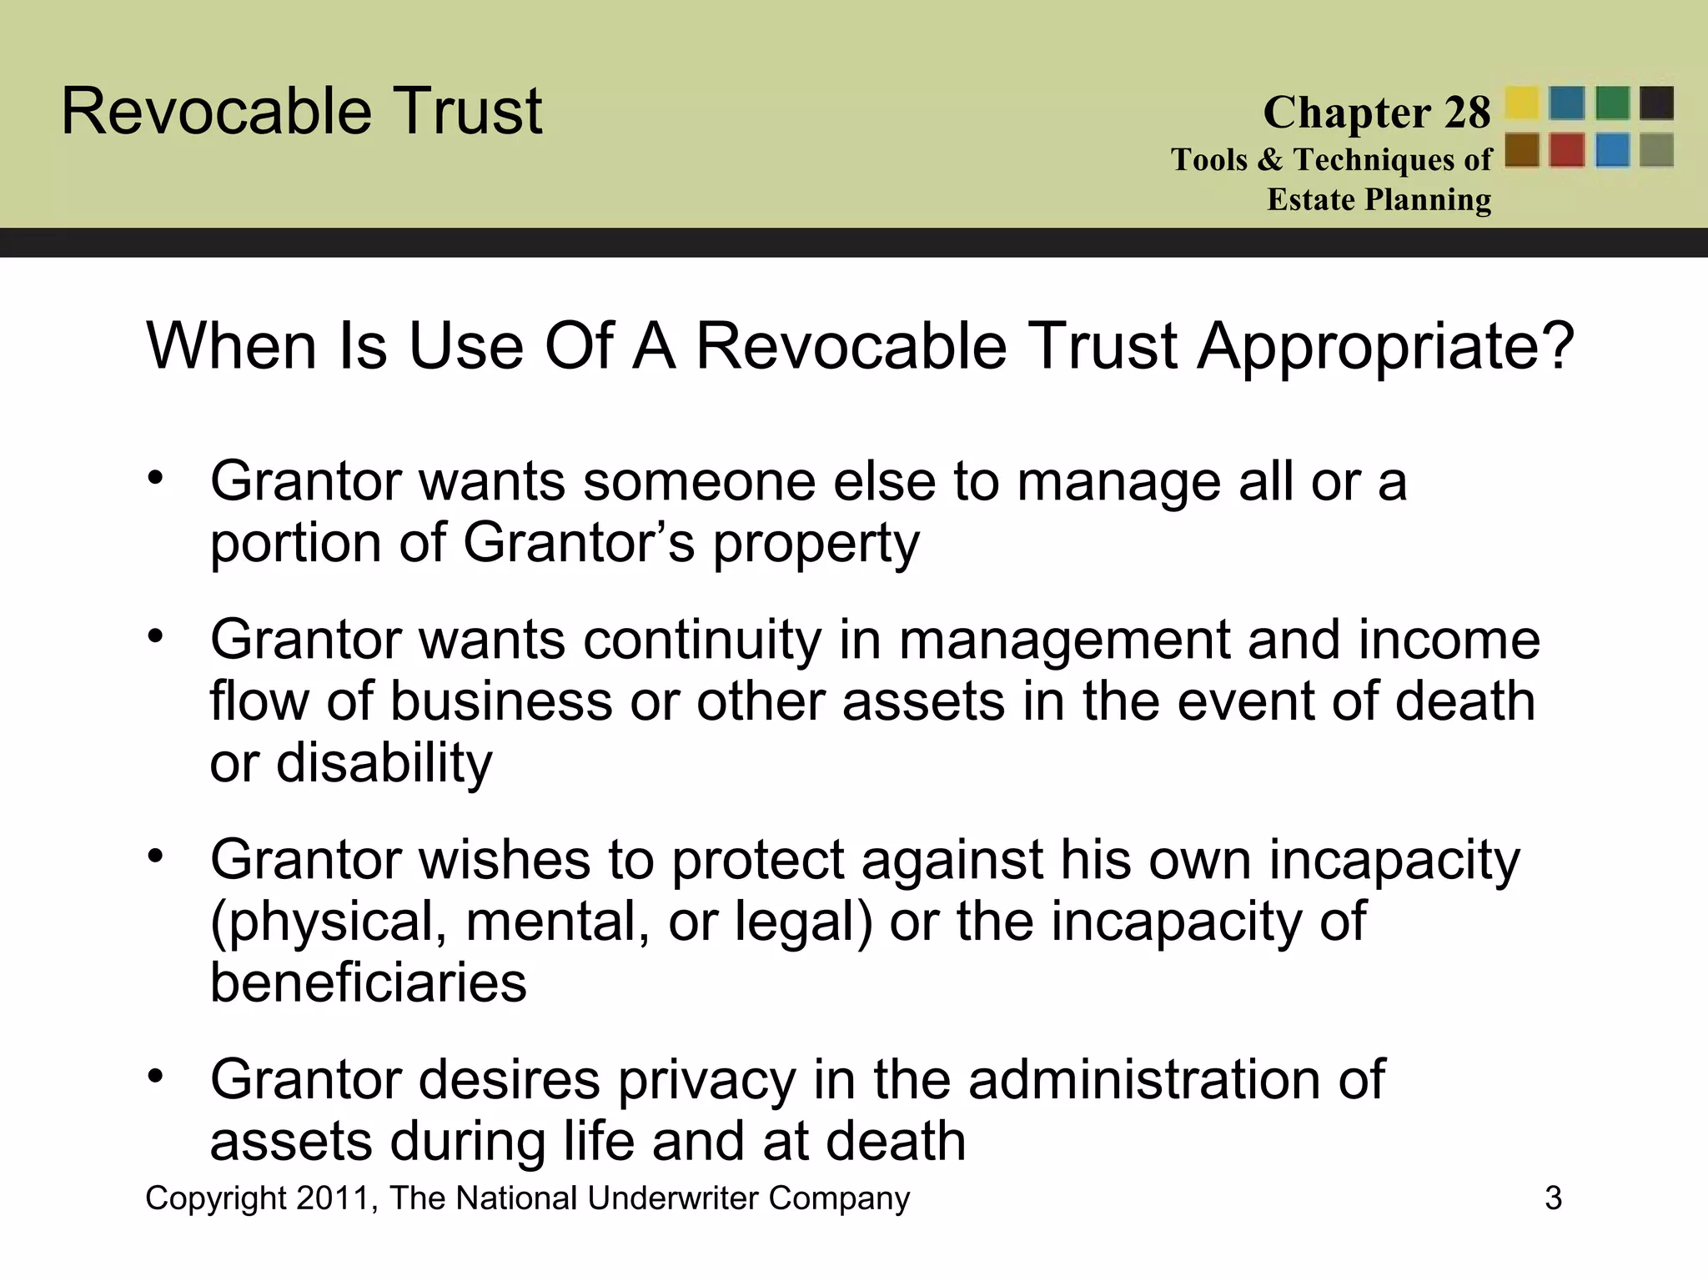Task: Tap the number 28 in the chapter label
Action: click(x=1467, y=113)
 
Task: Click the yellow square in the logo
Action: click(x=1522, y=103)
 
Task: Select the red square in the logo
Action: click(x=1567, y=151)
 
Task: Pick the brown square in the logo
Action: click(x=1522, y=151)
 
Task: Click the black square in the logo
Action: click(x=1656, y=103)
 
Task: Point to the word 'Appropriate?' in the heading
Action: click(x=1385, y=346)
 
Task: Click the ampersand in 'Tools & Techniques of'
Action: click(x=1270, y=159)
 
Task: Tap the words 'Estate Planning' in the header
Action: click(x=1379, y=200)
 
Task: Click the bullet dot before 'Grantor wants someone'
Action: click(x=156, y=478)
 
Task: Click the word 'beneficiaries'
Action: click(x=368, y=983)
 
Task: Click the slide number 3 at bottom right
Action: click(x=1553, y=1198)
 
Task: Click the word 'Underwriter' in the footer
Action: click(x=672, y=1198)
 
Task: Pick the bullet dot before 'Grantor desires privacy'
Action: click(x=156, y=1077)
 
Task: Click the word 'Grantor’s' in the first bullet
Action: click(x=579, y=543)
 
